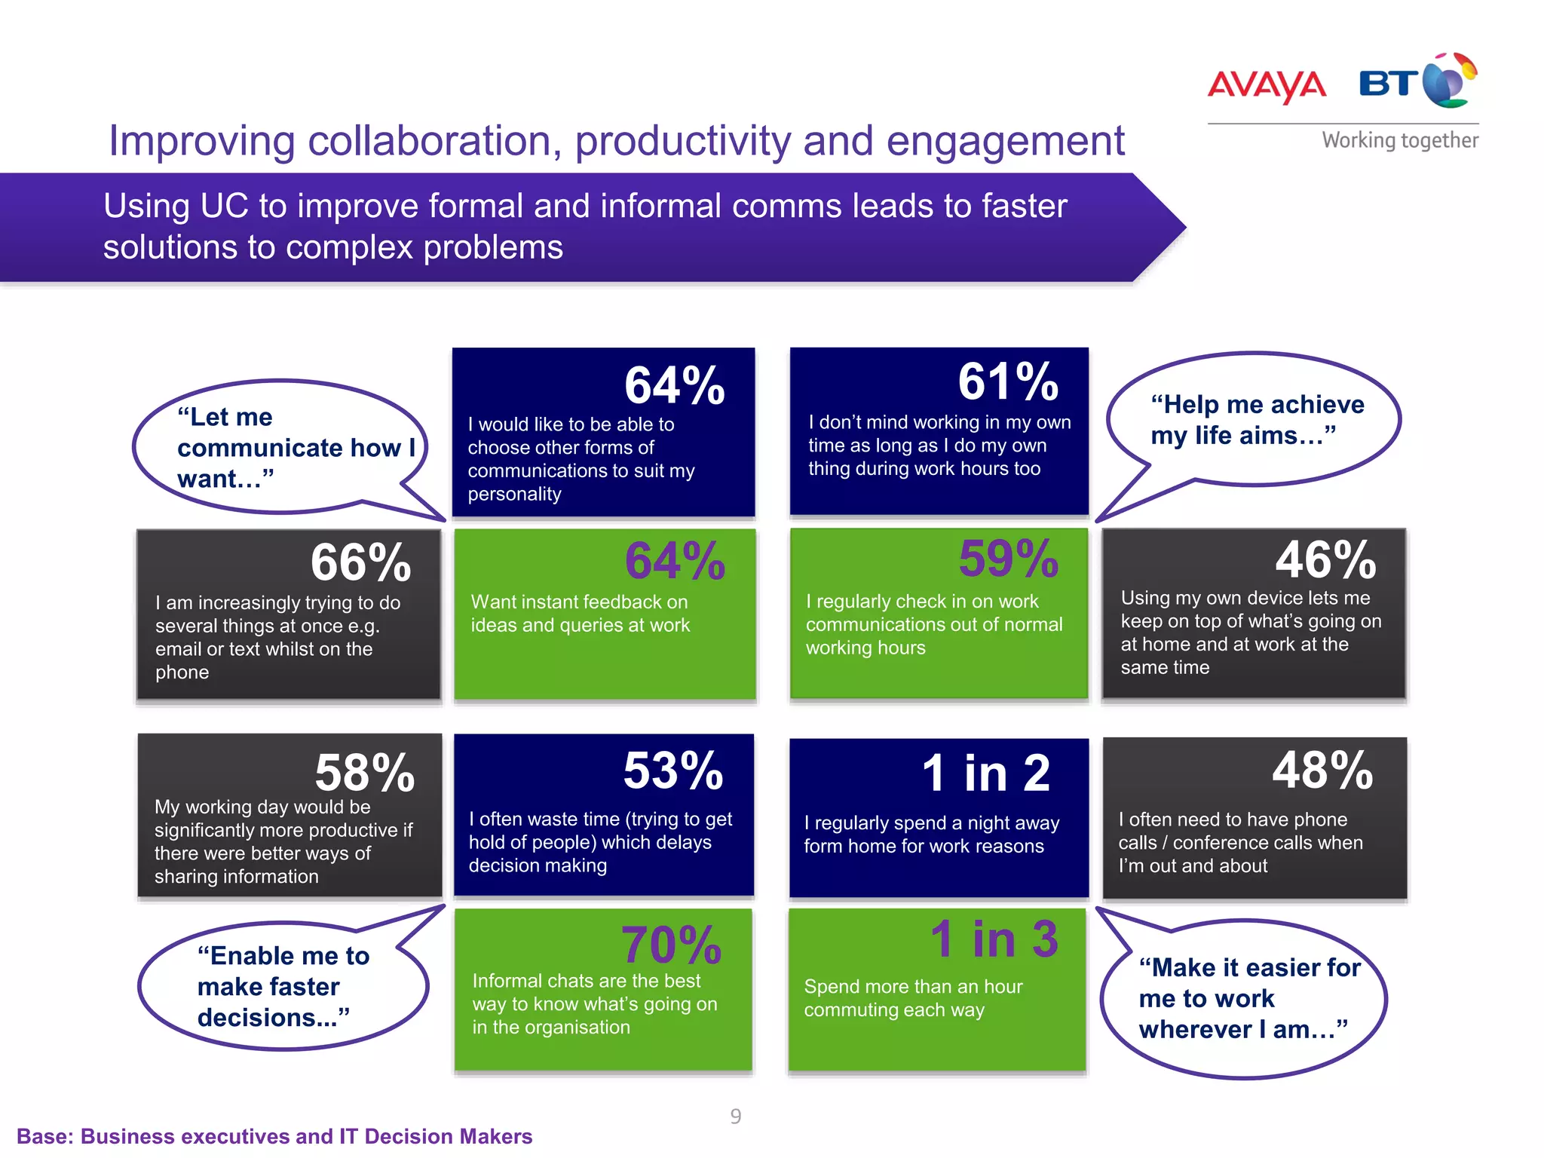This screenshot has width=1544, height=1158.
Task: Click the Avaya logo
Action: click(x=1267, y=86)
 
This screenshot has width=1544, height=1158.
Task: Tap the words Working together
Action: click(x=1399, y=140)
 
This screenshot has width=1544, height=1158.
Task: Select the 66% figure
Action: click(x=360, y=562)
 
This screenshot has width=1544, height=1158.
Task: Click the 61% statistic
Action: click(x=1008, y=381)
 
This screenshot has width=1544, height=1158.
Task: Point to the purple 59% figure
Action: click(x=1008, y=559)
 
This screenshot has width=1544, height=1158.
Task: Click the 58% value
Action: click(x=365, y=773)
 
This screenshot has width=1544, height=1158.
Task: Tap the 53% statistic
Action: click(x=673, y=770)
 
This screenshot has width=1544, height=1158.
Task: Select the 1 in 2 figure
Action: click(x=985, y=774)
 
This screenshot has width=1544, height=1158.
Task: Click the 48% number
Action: click(x=1322, y=770)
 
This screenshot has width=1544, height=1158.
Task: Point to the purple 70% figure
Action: click(x=671, y=945)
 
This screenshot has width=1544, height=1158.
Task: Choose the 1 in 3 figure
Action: click(x=994, y=939)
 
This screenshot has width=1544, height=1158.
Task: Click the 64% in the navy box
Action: click(x=674, y=385)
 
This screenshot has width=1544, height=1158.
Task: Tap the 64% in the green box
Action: click(x=675, y=561)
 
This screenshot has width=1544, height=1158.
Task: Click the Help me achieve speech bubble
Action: click(x=1256, y=420)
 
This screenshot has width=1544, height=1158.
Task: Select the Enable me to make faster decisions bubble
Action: click(x=283, y=986)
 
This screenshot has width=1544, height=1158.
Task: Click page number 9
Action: click(x=736, y=1117)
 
